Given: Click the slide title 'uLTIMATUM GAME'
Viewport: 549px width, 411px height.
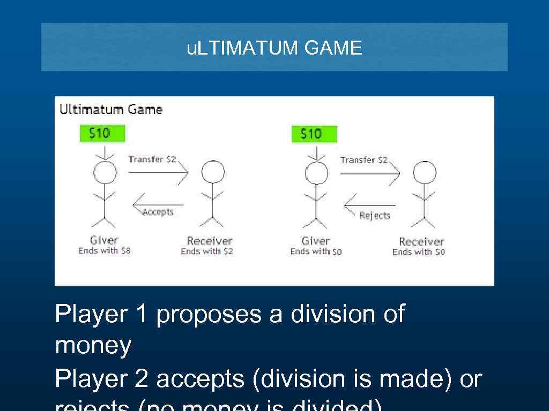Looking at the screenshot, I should (x=274, y=48).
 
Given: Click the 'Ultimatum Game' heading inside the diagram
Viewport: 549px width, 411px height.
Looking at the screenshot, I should (x=110, y=110).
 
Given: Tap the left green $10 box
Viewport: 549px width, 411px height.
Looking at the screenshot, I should (x=102, y=133).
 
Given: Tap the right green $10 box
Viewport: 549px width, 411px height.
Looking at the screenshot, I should (x=314, y=134).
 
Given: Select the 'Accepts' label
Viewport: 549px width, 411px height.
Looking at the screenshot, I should (x=158, y=212).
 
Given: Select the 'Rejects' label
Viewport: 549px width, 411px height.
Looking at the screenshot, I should (x=375, y=216).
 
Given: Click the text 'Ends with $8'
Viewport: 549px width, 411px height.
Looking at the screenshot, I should (x=105, y=250).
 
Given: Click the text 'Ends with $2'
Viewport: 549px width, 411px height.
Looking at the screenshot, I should (x=207, y=251).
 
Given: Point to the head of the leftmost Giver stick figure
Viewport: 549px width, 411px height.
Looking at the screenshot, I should (x=105, y=172).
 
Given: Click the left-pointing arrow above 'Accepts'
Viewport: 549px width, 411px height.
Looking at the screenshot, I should (x=158, y=203).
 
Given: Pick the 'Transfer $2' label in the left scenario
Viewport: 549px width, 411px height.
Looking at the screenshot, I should (x=152, y=159).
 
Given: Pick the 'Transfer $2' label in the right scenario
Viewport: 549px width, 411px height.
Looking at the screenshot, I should (x=363, y=160).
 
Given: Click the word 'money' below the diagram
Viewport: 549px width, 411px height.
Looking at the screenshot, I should (x=93, y=346).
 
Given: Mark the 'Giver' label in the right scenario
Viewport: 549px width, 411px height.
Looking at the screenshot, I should (x=316, y=241).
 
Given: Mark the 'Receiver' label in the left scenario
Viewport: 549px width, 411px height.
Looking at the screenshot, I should (x=210, y=241).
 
